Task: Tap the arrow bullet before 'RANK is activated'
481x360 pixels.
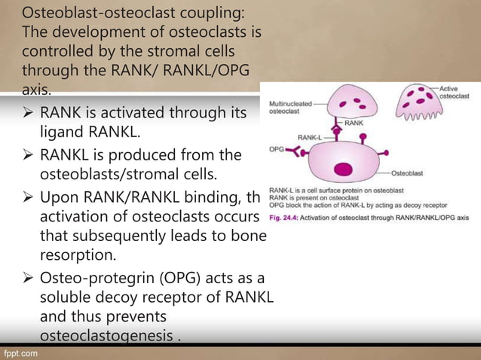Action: point(28,114)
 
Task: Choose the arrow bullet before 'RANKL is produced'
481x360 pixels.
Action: point(28,156)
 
